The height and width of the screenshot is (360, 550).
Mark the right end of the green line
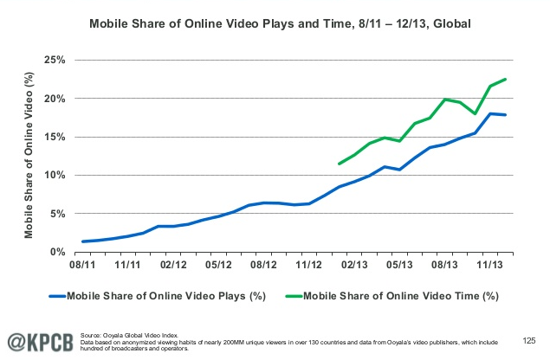(507, 79)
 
